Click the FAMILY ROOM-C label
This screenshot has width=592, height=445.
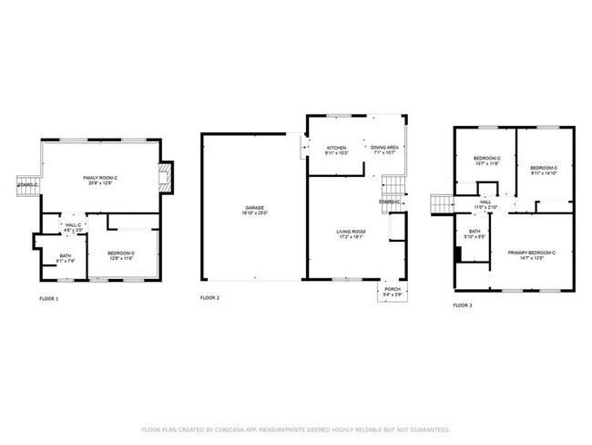pyautogui.click(x=98, y=177)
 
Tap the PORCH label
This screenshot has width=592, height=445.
pyautogui.click(x=393, y=290)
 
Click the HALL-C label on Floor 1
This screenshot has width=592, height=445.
pyautogui.click(x=73, y=225)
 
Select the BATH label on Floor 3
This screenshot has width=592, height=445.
pyautogui.click(x=475, y=232)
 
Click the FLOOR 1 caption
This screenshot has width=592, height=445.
pyautogui.click(x=48, y=299)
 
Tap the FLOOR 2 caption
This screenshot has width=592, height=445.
pyautogui.click(x=209, y=298)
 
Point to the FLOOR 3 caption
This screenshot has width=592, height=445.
pyautogui.click(x=463, y=305)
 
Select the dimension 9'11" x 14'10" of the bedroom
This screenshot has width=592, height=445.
pyautogui.click(x=544, y=173)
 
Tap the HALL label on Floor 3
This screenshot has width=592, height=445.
pyautogui.click(x=485, y=202)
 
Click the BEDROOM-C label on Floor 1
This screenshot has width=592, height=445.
pyautogui.click(x=121, y=253)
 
